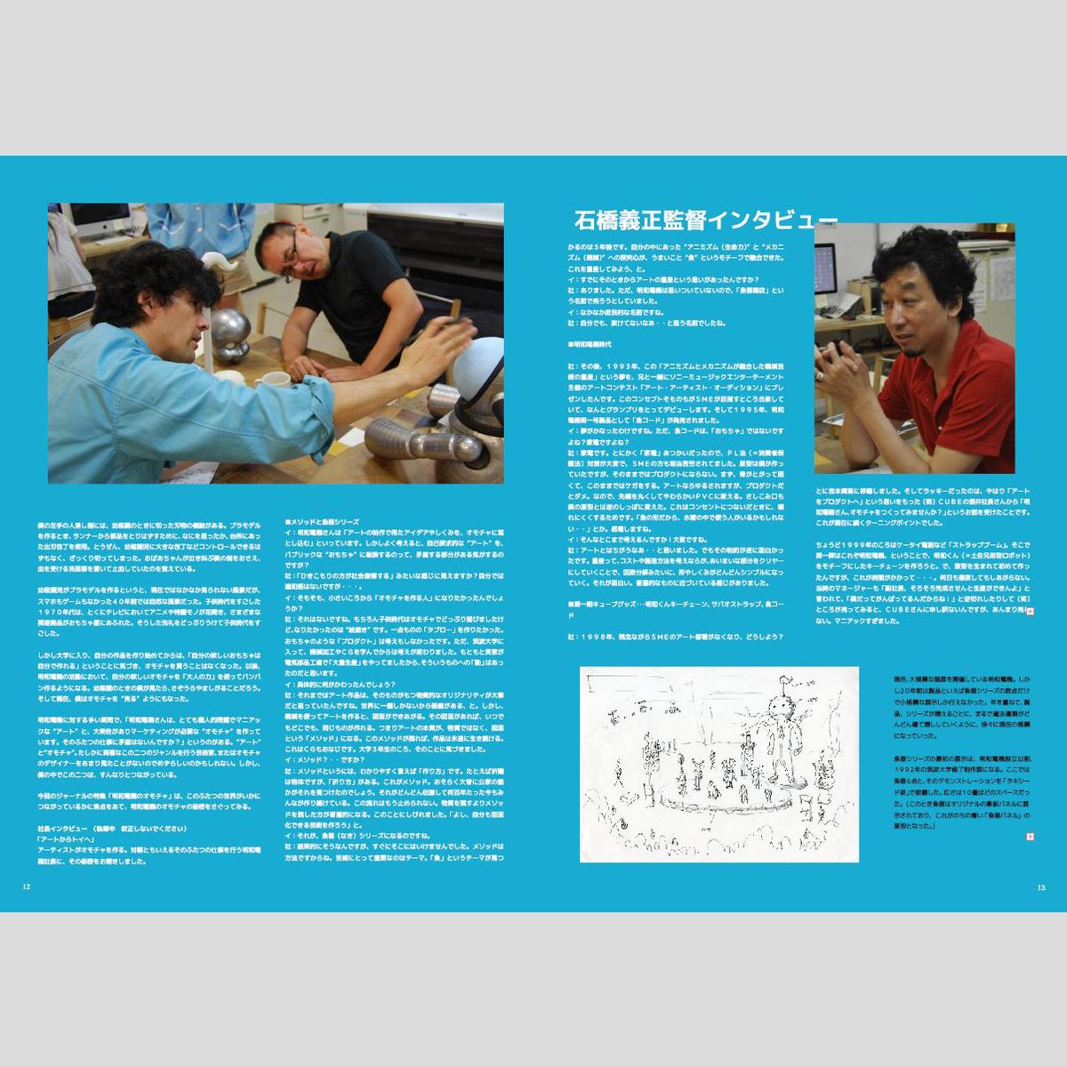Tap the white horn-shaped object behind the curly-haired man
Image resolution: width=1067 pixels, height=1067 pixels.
coord(221,261)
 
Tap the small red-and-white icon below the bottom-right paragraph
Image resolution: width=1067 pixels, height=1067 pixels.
coord(1030,837)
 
